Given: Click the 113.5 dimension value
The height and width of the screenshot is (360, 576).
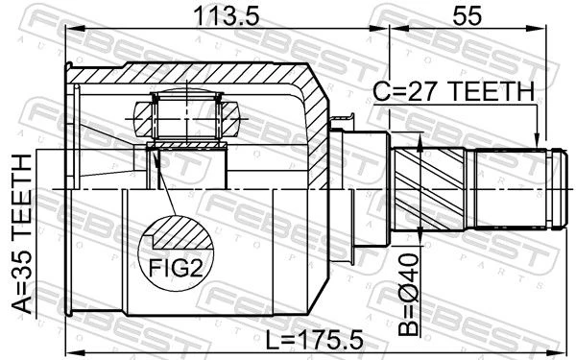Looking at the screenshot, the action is point(227,16).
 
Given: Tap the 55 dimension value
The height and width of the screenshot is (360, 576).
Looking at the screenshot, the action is point(467,16).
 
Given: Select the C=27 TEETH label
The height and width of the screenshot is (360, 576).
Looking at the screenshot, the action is point(454,91).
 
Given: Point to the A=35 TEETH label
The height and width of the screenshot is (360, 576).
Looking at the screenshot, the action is point(22,234).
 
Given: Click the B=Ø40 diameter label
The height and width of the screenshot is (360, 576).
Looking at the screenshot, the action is point(409,295).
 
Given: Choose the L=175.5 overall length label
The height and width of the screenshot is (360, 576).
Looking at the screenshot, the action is point(315,340).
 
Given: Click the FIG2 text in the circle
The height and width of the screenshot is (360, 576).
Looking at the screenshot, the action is point(176,268).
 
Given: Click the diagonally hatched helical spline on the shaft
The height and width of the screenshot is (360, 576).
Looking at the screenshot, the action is point(429,188).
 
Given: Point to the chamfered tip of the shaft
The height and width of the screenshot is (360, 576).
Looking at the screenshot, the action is point(559,188).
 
